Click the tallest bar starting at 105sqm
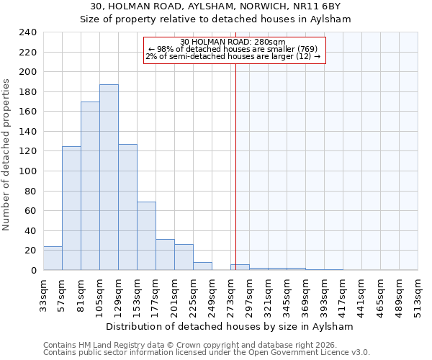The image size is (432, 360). click(x=109, y=177)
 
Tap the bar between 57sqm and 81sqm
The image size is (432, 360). click(x=71, y=208)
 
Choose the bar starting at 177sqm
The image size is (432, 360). click(x=165, y=255)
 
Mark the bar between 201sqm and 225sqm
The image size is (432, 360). click(x=184, y=257)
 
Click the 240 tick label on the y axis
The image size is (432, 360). click(x=27, y=32)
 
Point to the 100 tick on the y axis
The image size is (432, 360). click(x=27, y=171)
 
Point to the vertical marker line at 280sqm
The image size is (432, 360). click(x=235, y=166)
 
